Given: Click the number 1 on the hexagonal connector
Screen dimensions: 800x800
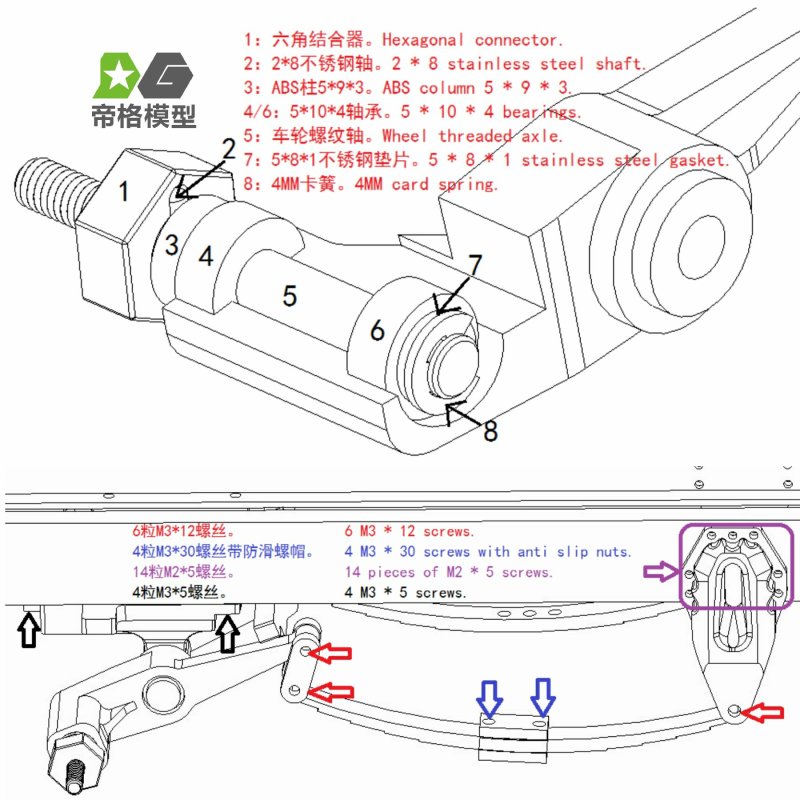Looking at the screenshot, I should pyautogui.click(x=123, y=190).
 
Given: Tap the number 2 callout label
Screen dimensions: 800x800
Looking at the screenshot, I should pyautogui.click(x=229, y=150).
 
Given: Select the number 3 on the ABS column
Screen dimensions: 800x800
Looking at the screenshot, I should pyautogui.click(x=172, y=243).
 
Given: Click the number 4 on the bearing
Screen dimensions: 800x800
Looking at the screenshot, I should pyautogui.click(x=205, y=256).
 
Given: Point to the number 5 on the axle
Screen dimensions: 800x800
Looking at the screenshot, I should pyautogui.click(x=289, y=295).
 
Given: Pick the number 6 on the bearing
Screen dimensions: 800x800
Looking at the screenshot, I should pyautogui.click(x=377, y=330).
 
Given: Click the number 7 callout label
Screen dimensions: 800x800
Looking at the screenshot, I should pyautogui.click(x=476, y=266).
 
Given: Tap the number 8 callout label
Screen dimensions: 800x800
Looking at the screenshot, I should pyautogui.click(x=491, y=432).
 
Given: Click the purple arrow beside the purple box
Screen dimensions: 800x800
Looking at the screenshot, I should pyautogui.click(x=660, y=571).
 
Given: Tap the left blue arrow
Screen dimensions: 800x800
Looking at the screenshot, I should pyautogui.click(x=490, y=697).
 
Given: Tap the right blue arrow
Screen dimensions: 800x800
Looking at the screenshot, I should pyautogui.click(x=543, y=697).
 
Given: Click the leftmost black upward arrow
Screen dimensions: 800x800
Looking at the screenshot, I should pyautogui.click(x=29, y=630).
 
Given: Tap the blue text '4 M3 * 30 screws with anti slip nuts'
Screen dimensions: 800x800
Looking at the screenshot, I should pyautogui.click(x=489, y=551).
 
